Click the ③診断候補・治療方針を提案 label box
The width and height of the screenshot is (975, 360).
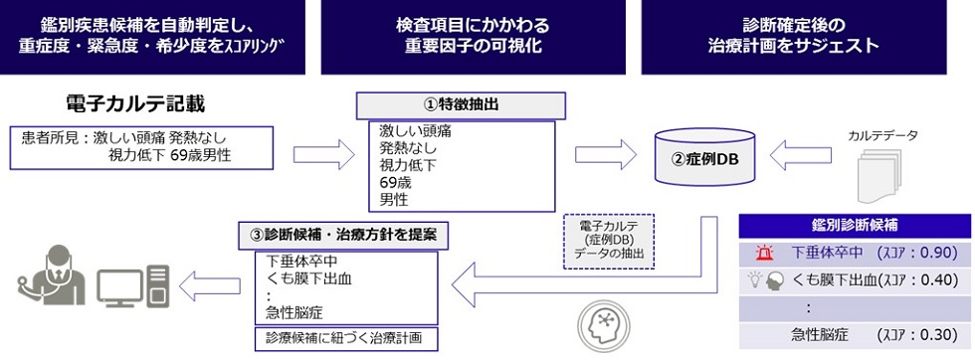tap(342, 235)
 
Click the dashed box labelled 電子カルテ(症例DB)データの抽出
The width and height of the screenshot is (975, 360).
tap(603, 241)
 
